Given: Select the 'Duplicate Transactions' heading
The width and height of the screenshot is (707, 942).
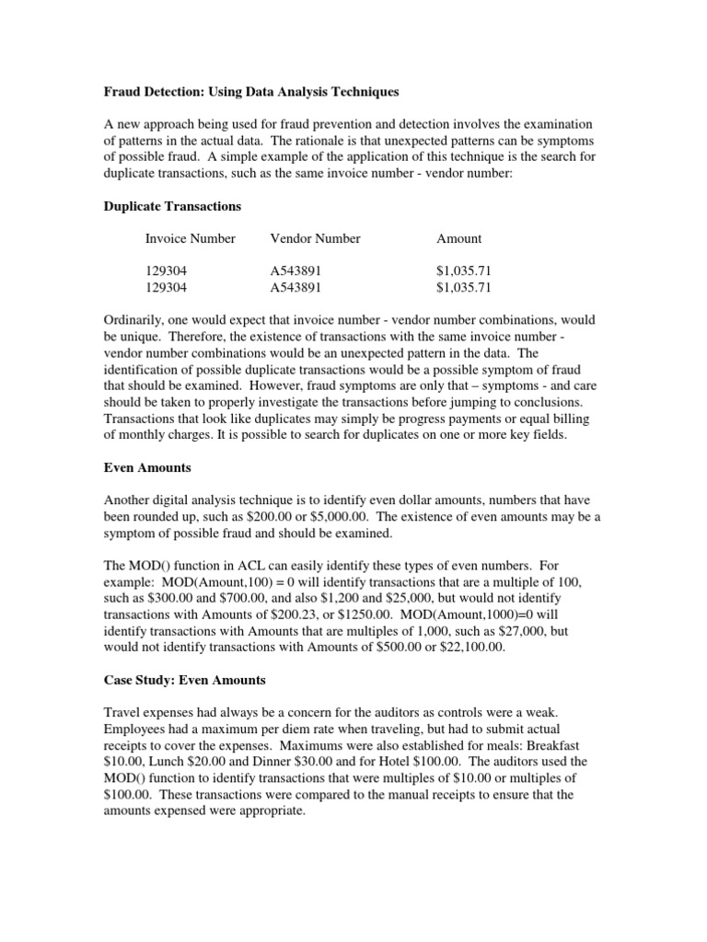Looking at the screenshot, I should pyautogui.click(x=170, y=206).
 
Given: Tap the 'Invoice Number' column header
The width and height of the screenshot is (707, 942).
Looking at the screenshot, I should pyautogui.click(x=190, y=238).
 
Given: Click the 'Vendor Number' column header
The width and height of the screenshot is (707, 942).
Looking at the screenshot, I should pyautogui.click(x=315, y=238).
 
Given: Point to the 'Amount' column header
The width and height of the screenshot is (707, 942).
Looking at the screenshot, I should pyautogui.click(x=458, y=238).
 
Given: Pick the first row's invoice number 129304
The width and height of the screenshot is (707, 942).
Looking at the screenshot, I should pyautogui.click(x=165, y=271).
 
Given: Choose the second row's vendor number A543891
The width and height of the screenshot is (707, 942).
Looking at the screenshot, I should pyautogui.click(x=296, y=287).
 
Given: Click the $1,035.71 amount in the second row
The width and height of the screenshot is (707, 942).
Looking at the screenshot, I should pyautogui.click(x=464, y=287).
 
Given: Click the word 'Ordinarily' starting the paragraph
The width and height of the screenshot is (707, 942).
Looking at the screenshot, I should pyautogui.click(x=133, y=320).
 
